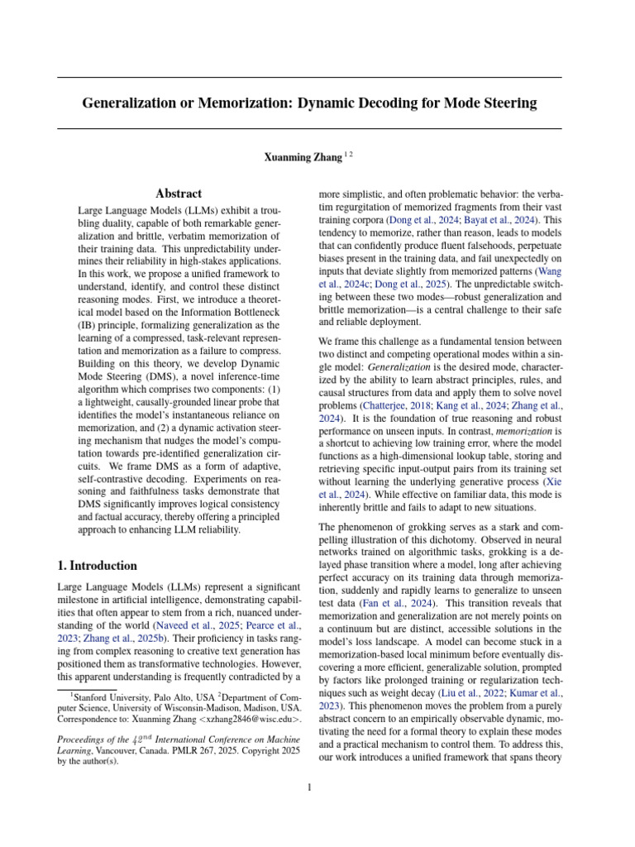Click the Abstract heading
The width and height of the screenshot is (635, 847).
(x=179, y=194)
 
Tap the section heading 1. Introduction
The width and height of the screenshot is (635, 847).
(x=97, y=566)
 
